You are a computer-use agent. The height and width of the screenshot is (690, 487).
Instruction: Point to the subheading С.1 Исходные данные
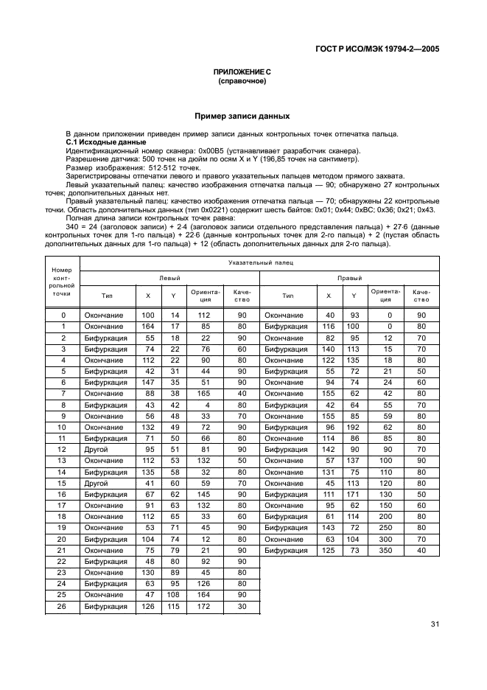pyautogui.click(x=96, y=142)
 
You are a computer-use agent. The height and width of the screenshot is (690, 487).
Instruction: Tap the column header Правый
pyautogui.click(x=349, y=278)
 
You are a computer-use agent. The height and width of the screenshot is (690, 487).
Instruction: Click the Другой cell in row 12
pyautogui.click(x=97, y=450)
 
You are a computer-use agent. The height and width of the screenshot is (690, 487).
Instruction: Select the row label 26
pyautogui.click(x=63, y=607)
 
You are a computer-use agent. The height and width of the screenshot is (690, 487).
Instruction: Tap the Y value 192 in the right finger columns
pyautogui.click(x=354, y=427)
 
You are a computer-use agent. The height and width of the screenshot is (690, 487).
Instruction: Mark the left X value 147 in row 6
pyautogui.click(x=147, y=383)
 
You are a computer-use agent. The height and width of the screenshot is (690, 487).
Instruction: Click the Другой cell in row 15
pyautogui.click(x=97, y=483)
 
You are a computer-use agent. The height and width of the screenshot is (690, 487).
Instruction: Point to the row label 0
pyautogui.click(x=63, y=315)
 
